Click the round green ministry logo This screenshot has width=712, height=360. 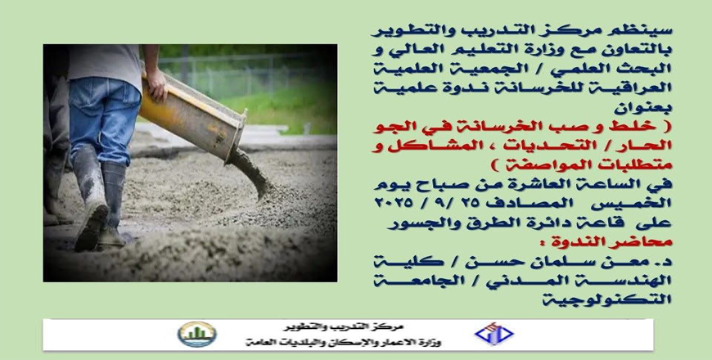click(196, 334)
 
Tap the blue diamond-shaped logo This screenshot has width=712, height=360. click(494, 334)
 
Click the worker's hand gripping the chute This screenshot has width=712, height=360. click(157, 85)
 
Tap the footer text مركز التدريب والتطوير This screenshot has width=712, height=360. click(343, 326)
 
